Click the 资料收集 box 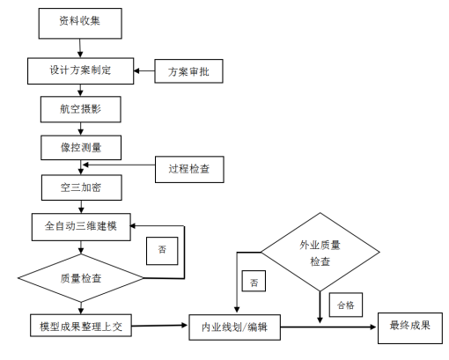point(80,23)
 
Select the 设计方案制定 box point(81,71)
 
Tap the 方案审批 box point(188,71)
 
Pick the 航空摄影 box point(81,109)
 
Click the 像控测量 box point(81,148)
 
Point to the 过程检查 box point(189,169)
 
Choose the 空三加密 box point(82,187)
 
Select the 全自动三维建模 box point(81,227)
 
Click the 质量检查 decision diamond point(81,278)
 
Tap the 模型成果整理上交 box point(81,326)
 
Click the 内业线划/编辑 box point(234,327)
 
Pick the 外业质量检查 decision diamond point(320,252)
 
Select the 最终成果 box point(410,327)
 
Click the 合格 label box point(346,305)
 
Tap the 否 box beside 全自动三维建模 point(162,251)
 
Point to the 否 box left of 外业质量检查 point(254,281)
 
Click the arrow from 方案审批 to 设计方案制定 point(144,70)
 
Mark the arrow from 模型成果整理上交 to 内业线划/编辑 point(159,326)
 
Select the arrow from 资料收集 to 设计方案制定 point(80,48)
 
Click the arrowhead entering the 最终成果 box point(374,327)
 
